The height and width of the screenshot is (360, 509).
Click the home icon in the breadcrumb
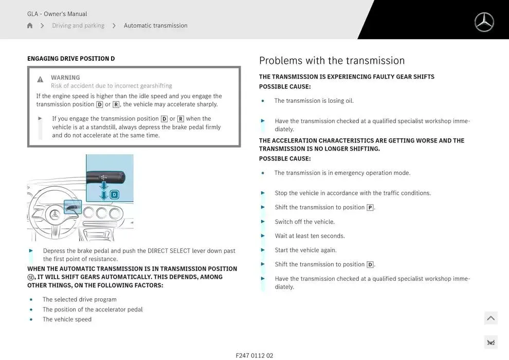(30, 25)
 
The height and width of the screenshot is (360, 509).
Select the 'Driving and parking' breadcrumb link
(78, 25)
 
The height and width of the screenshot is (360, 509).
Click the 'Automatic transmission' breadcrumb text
(155, 25)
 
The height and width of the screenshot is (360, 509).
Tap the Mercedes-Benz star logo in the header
(484, 22)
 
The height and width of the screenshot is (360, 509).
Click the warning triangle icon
(40, 79)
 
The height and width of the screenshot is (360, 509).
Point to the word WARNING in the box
(65, 78)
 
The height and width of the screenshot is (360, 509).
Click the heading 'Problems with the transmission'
(332, 61)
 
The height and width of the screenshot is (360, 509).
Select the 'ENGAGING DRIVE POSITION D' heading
(71, 59)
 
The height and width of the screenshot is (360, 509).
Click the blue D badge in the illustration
(114, 194)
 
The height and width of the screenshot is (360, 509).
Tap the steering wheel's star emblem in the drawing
(54, 214)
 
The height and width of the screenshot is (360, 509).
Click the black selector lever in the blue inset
(105, 177)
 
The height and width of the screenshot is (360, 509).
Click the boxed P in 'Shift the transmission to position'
(370, 207)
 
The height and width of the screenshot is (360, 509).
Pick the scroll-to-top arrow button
(491, 318)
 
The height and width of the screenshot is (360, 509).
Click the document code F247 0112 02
(254, 355)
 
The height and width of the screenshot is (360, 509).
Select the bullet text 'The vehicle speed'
(67, 319)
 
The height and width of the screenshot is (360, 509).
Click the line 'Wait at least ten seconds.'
(310, 236)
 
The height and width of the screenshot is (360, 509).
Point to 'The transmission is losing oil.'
(314, 101)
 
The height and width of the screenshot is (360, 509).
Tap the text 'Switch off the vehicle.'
(304, 222)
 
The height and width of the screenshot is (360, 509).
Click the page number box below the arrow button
(491, 343)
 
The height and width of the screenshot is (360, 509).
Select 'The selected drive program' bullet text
(80, 300)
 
